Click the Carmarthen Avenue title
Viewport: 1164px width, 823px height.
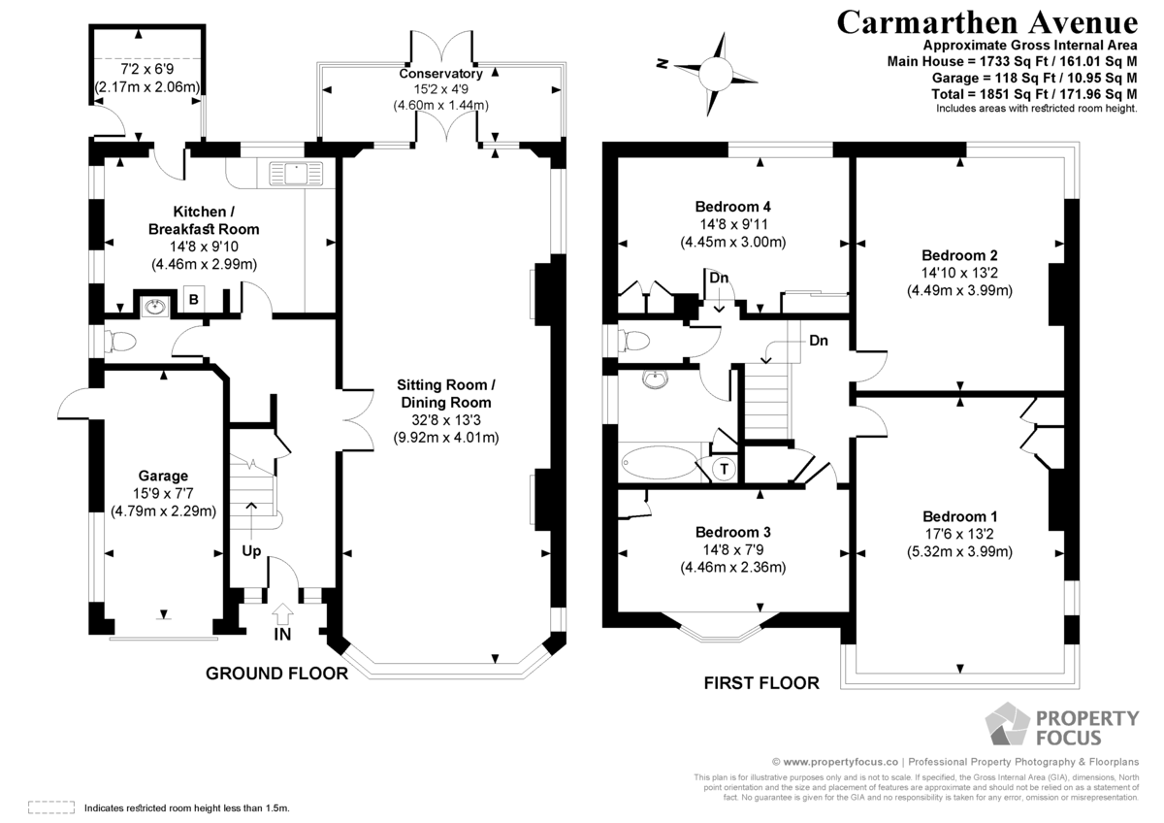(x=986, y=23)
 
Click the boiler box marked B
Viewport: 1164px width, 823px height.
(x=193, y=299)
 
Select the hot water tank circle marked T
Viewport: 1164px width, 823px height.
(x=724, y=469)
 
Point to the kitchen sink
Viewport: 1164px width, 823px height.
(x=296, y=173)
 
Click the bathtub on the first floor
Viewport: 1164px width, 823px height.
(x=660, y=462)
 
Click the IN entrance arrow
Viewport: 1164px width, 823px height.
(x=282, y=613)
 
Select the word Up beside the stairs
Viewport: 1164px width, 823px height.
(x=251, y=551)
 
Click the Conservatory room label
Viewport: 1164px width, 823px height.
(x=440, y=74)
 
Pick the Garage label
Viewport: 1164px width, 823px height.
(x=163, y=476)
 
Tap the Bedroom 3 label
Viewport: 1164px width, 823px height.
(x=733, y=532)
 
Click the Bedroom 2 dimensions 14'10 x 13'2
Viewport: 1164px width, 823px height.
(x=959, y=273)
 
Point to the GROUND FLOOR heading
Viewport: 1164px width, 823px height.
(x=277, y=674)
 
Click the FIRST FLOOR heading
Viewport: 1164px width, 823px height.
(x=761, y=682)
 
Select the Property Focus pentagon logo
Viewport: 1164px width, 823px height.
(x=1007, y=724)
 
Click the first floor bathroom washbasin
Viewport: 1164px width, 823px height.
(x=655, y=379)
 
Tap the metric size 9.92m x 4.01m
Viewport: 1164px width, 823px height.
(x=446, y=438)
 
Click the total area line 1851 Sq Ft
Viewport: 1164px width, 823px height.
(x=1034, y=94)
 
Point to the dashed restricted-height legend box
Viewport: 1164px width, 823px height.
(x=51, y=807)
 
